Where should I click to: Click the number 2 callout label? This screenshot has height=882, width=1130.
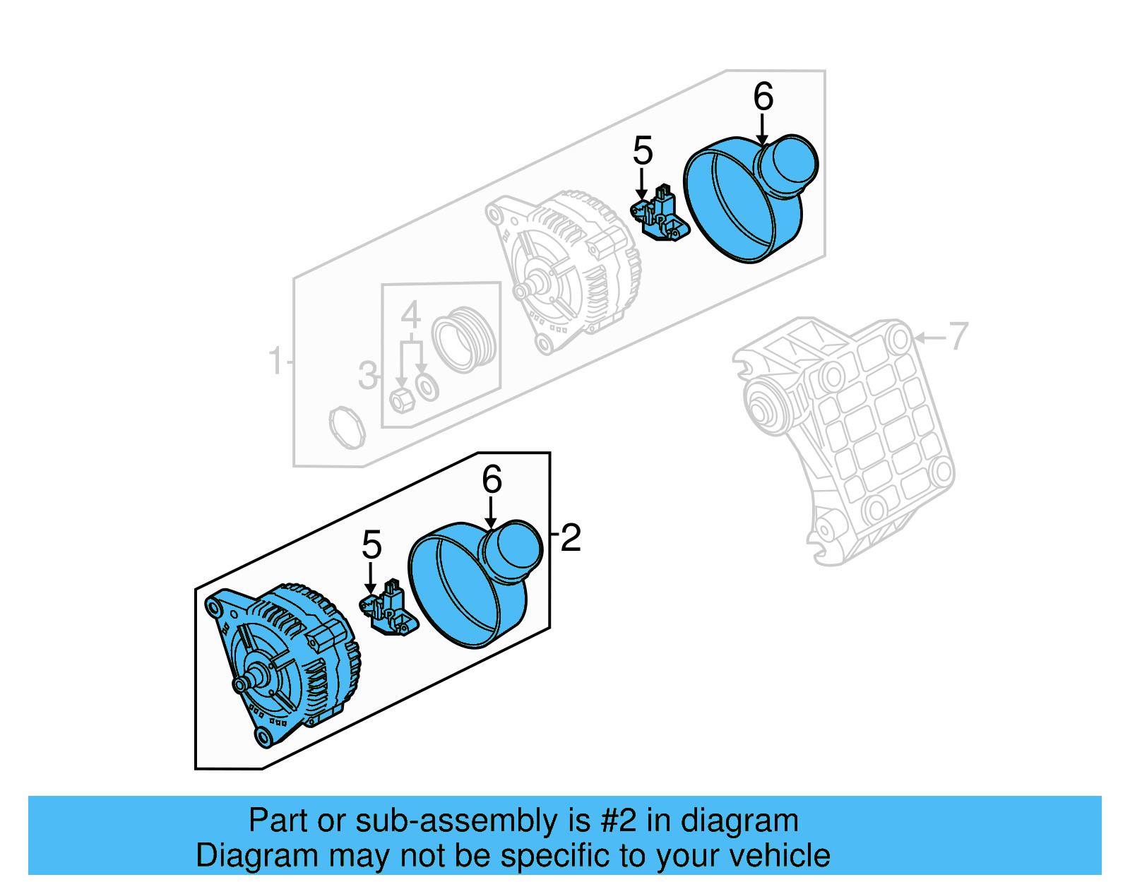(x=570, y=538)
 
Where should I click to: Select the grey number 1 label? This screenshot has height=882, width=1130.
(x=275, y=361)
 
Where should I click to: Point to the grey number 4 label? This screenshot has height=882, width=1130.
(x=410, y=315)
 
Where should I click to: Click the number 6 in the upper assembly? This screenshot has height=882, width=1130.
(x=763, y=97)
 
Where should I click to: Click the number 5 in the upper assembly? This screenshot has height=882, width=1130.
(x=643, y=151)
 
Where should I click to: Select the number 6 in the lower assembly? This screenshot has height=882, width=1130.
(x=492, y=480)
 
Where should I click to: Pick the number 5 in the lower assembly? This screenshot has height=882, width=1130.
(x=371, y=545)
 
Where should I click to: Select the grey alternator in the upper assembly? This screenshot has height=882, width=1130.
(x=565, y=268)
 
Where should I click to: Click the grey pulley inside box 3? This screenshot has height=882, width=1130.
(x=464, y=339)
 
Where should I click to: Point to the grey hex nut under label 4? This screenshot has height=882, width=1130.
(x=401, y=400)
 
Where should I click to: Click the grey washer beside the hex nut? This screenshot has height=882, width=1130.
(x=427, y=387)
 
